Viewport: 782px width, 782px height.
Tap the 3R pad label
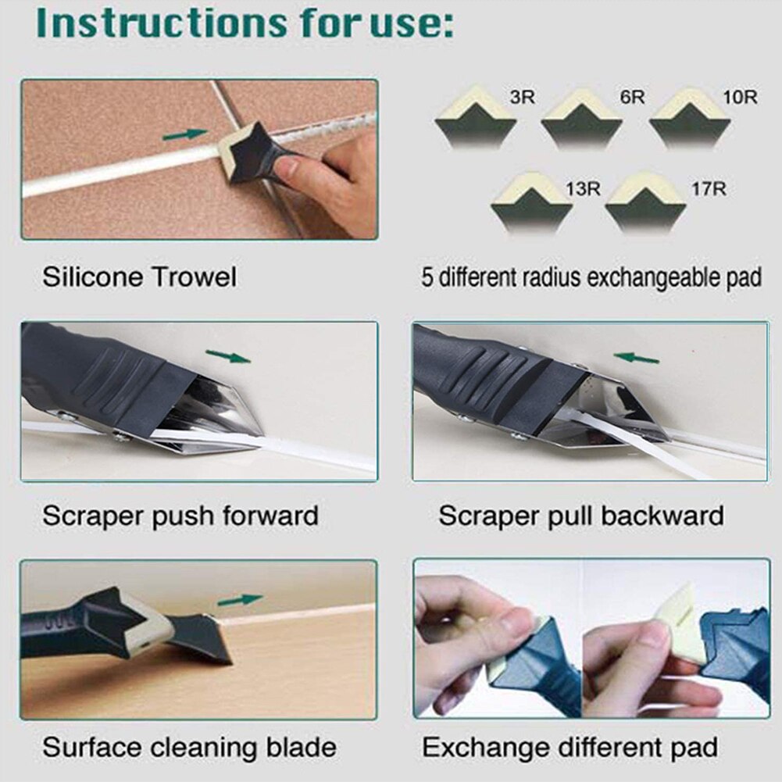(x=522, y=98)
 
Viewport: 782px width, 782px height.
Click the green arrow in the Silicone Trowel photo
(x=185, y=134)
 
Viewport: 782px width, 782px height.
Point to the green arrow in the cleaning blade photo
(x=240, y=600)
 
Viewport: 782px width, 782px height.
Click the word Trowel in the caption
(x=195, y=277)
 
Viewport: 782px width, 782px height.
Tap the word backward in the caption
(x=663, y=516)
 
